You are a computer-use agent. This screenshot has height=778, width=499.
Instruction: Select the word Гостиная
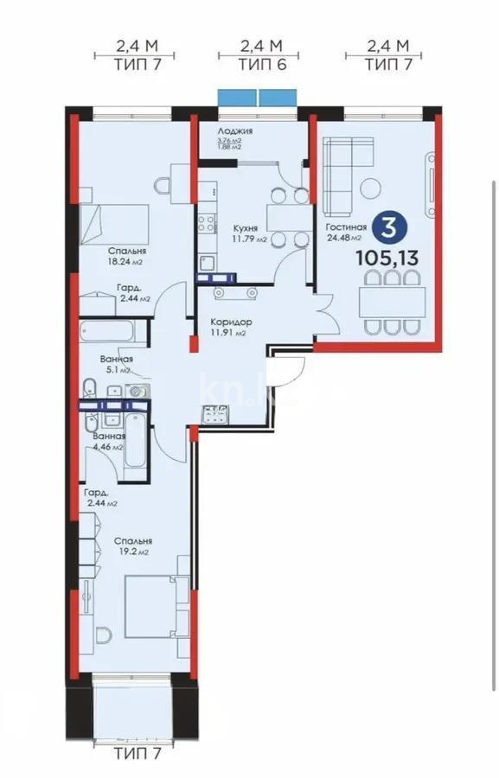click(347, 228)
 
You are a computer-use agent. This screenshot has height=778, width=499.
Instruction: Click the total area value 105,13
click(387, 257)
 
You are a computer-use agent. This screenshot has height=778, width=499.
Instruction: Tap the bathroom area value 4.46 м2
click(108, 448)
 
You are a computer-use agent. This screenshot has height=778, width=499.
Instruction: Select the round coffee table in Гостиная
click(372, 186)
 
